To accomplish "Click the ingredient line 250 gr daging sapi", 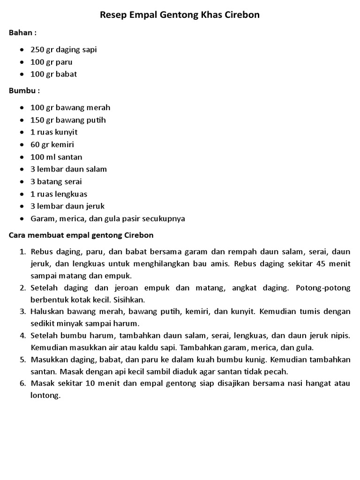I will tap(64, 50).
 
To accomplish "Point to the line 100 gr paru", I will tap(52, 62).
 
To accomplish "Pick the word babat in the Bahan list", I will tap(67, 74).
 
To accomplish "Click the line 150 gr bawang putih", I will tap(68, 120).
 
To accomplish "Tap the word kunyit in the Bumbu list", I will tap(67, 132).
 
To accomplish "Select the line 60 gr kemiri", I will tap(52, 144).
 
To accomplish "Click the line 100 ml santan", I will tap(56, 157).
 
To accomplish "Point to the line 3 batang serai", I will tap(56, 181).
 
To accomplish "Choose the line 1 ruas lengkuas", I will tap(59, 194).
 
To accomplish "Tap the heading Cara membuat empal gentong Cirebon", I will tap(81, 235).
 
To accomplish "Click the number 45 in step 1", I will tap(321, 263).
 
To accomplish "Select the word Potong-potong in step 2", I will tap(323, 288).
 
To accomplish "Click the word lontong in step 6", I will tap(45, 395).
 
